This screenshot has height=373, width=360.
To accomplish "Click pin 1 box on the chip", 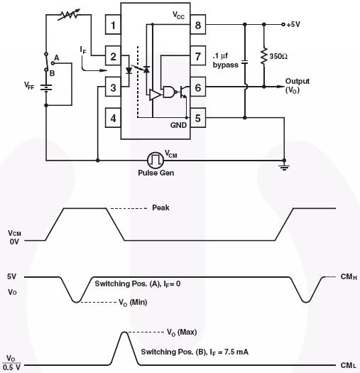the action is [x=113, y=25].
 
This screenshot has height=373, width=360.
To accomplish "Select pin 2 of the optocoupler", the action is [x=113, y=56].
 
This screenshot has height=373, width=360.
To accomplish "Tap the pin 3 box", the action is [x=113, y=87].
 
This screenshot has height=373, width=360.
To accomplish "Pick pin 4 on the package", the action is [x=113, y=118].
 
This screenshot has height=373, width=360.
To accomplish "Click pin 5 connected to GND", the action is [x=198, y=118].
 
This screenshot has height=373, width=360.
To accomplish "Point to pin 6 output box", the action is [x=198, y=87].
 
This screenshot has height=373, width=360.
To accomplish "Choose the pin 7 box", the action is [x=198, y=56].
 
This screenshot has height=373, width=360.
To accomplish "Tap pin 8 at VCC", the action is [x=198, y=25].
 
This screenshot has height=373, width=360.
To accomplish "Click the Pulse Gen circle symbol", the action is [x=156, y=160].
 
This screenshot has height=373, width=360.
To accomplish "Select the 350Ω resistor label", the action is [x=278, y=56].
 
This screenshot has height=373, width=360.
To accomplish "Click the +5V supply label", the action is [x=293, y=24].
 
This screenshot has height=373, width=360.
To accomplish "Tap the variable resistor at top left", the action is [x=69, y=15].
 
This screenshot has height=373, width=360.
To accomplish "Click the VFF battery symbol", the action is [x=46, y=88].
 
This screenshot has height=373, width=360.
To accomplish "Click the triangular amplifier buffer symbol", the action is [x=155, y=94].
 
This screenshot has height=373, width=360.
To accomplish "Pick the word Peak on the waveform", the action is [x=160, y=207].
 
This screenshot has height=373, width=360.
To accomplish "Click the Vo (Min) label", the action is [x=133, y=303].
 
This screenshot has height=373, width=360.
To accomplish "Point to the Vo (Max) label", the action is [x=182, y=332].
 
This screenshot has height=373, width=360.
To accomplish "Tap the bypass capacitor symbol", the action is [x=245, y=62].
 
